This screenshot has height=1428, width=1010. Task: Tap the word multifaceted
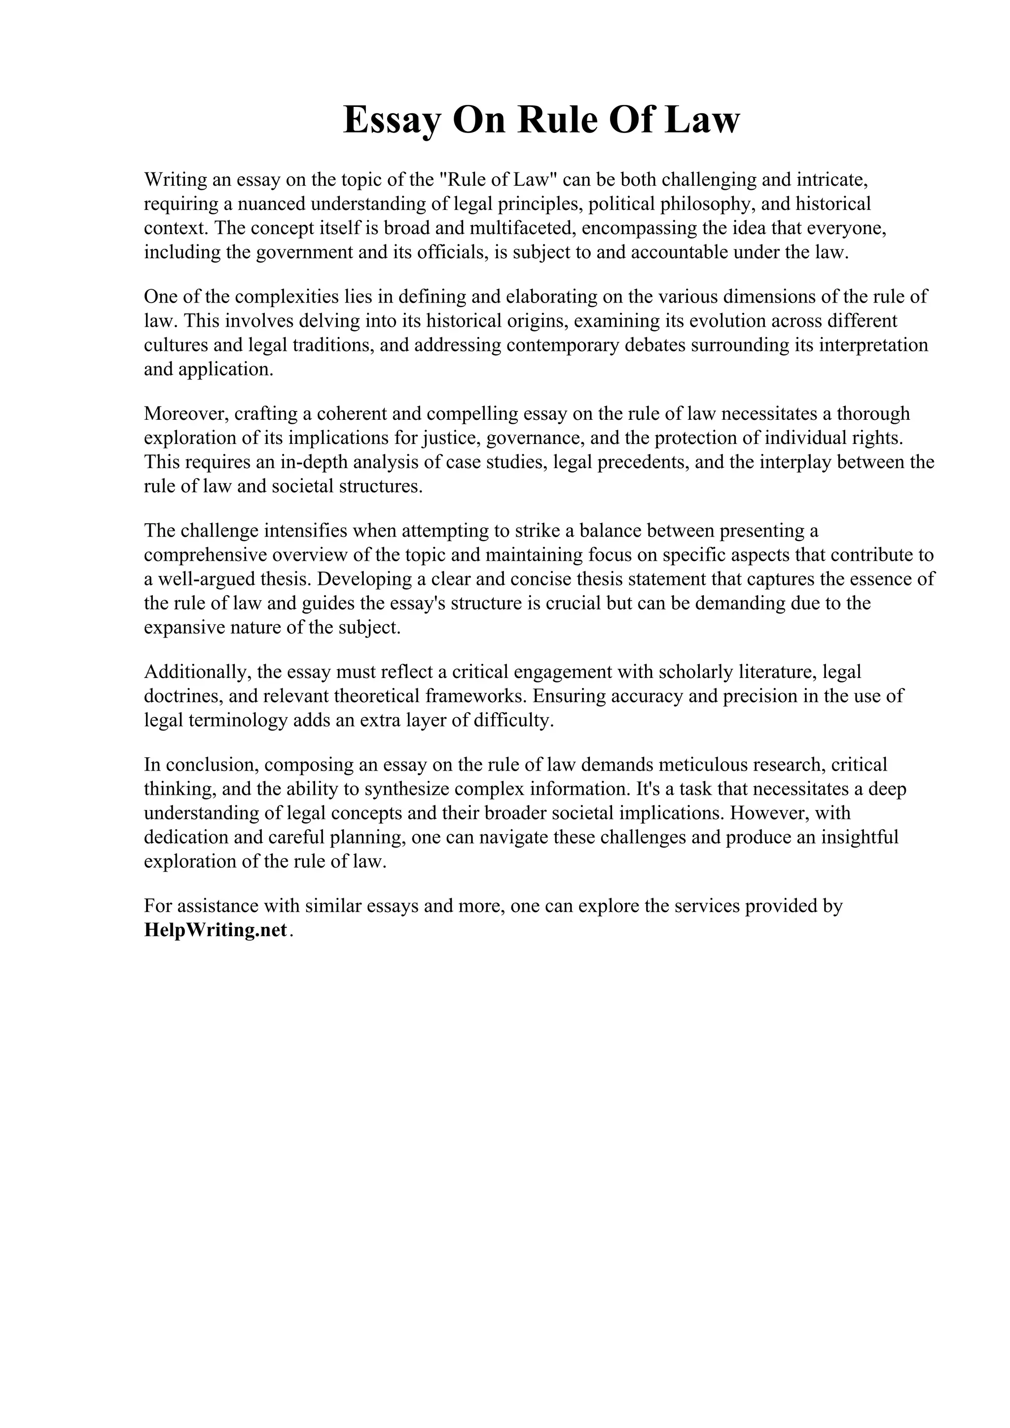[520, 228]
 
